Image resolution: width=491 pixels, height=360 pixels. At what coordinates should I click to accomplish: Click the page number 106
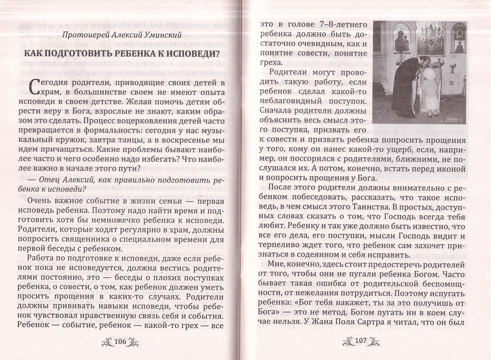tap(120, 342)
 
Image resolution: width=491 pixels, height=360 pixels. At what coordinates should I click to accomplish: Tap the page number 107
tap(360, 341)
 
